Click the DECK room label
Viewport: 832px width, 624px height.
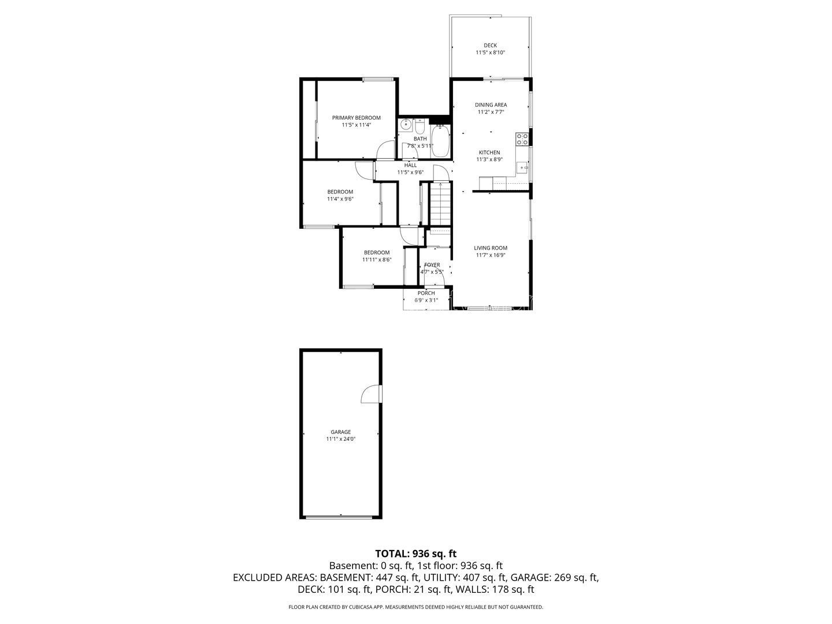[x=490, y=46]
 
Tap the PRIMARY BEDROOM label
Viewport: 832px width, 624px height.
[x=356, y=118]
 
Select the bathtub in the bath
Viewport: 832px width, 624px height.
[x=440, y=142]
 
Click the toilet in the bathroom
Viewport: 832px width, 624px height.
[x=419, y=125]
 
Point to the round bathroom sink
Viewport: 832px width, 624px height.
[x=406, y=124]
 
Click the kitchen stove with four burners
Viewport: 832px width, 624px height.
[x=522, y=139]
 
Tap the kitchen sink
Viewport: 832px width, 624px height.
[x=523, y=167]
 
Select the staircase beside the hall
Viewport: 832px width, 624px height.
[x=440, y=203]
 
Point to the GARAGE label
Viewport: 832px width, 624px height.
[x=341, y=432]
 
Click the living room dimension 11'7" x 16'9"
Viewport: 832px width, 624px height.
[x=491, y=255]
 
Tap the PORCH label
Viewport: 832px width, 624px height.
[x=426, y=294]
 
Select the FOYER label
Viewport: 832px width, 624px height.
[x=432, y=265]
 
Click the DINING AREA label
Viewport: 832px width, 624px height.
[x=491, y=105]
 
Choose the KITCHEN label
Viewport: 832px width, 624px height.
[x=489, y=153]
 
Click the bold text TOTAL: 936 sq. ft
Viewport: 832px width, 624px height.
[x=416, y=554]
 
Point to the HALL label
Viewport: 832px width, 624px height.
[x=410, y=165]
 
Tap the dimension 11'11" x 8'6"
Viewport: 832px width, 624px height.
[x=377, y=259]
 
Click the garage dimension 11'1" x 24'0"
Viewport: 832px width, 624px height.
[x=341, y=439]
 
